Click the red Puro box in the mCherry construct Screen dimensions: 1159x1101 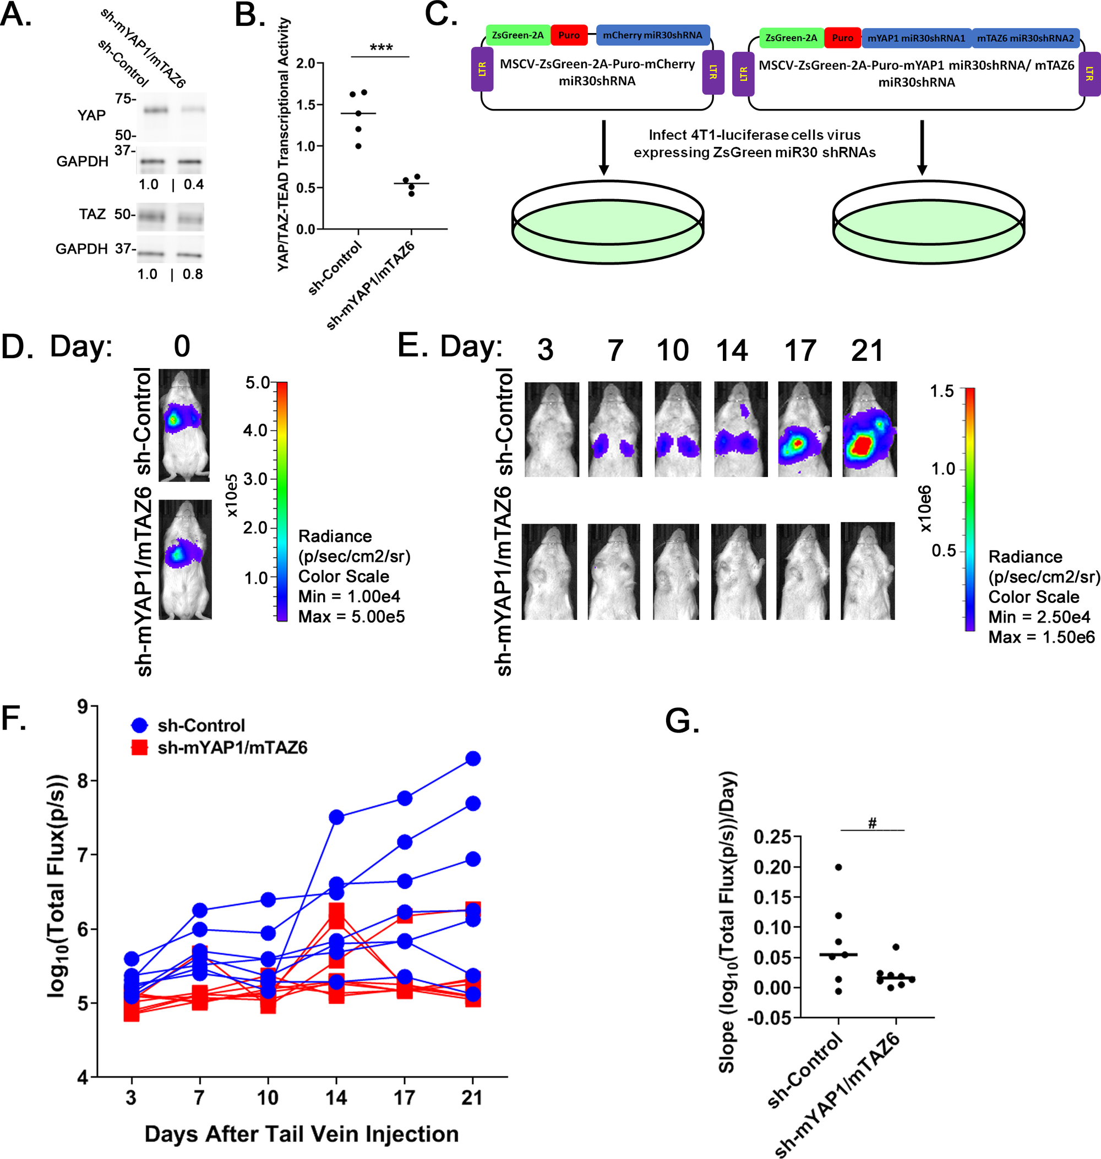click(x=569, y=35)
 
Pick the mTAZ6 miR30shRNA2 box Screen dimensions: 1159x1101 click(x=1024, y=38)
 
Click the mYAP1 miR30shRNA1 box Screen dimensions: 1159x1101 click(x=915, y=38)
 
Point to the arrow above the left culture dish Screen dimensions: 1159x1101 click(x=603, y=147)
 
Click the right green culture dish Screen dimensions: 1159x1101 click(x=929, y=223)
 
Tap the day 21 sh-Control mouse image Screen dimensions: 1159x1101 click(x=869, y=429)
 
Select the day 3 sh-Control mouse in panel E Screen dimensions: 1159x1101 click(x=551, y=429)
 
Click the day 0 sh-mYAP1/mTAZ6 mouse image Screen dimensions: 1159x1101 click(x=185, y=559)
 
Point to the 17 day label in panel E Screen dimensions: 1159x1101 click(x=800, y=350)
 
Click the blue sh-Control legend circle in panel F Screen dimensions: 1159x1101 click(x=140, y=726)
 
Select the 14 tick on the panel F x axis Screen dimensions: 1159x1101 click(x=336, y=1097)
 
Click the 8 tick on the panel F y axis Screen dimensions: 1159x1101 click(x=82, y=781)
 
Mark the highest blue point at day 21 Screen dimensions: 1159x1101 click(x=473, y=759)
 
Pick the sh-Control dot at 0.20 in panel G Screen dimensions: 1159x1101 click(x=838, y=867)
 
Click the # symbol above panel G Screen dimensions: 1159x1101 click(x=872, y=823)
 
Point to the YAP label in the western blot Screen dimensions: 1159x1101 click(x=91, y=115)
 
